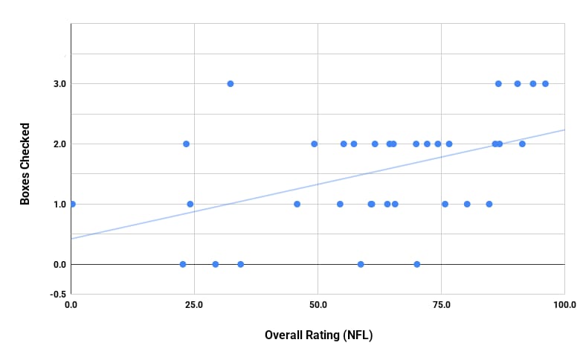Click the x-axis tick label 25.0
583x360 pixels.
(x=194, y=305)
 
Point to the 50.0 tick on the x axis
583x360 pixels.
(x=318, y=305)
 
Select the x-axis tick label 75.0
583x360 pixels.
(x=441, y=305)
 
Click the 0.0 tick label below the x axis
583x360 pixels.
(x=71, y=305)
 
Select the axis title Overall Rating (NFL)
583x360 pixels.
(x=318, y=335)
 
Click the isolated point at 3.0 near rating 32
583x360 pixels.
(x=231, y=83)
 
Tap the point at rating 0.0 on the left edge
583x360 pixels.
(x=71, y=204)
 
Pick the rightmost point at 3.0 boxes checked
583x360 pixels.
(x=545, y=83)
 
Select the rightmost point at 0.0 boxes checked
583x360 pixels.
(x=417, y=264)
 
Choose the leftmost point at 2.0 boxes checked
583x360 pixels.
(x=186, y=144)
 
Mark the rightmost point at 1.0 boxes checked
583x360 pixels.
(x=489, y=204)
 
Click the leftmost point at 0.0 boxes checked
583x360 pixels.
(x=183, y=264)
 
